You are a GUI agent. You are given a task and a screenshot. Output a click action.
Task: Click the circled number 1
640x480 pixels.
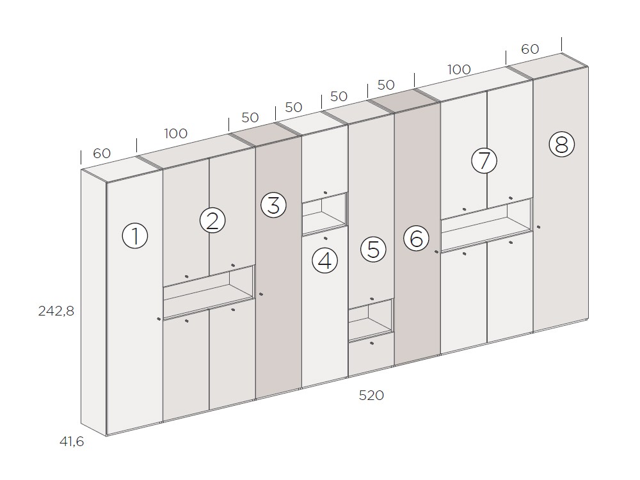click(x=134, y=236)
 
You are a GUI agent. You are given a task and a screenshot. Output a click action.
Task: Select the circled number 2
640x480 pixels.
click(x=212, y=220)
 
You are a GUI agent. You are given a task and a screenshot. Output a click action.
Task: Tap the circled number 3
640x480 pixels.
click(x=273, y=206)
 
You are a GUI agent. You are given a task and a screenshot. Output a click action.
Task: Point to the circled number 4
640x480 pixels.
click(x=324, y=260)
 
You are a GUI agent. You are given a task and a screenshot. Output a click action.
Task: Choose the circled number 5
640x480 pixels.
click(x=373, y=249)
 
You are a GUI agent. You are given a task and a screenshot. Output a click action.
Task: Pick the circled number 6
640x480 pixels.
click(x=416, y=239)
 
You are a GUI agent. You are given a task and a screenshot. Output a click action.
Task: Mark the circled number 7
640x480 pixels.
click(x=484, y=160)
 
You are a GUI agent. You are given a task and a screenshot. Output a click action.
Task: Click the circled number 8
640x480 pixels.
click(x=561, y=145)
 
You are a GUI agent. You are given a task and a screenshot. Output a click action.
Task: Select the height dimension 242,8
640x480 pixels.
click(x=56, y=312)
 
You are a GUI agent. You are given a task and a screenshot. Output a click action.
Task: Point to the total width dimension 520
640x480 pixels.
click(x=371, y=396)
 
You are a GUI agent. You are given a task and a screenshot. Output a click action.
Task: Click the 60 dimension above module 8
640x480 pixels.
click(x=530, y=49)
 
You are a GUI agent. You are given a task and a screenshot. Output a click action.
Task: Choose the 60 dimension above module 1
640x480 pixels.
click(x=102, y=154)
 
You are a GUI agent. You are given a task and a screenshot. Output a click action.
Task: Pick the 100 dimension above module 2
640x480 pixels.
click(x=176, y=134)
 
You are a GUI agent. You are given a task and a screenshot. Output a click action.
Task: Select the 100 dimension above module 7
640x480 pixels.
click(x=459, y=70)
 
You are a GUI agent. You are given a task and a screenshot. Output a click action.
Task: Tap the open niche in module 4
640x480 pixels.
click(x=324, y=214)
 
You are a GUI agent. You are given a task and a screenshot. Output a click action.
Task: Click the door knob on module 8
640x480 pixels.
click(x=539, y=227)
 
